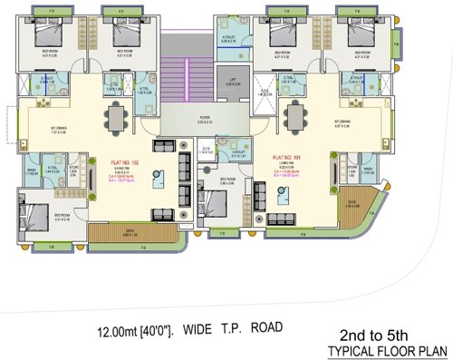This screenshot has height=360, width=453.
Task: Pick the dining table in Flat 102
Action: [115, 116]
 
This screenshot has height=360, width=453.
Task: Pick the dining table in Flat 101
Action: [294, 116]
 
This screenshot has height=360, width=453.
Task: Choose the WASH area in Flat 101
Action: [369, 171]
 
